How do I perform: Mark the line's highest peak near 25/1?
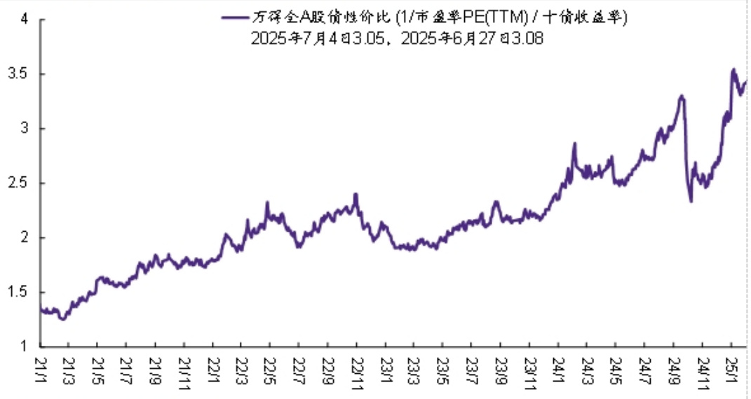(x=733, y=69)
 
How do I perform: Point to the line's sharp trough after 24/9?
(x=691, y=202)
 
